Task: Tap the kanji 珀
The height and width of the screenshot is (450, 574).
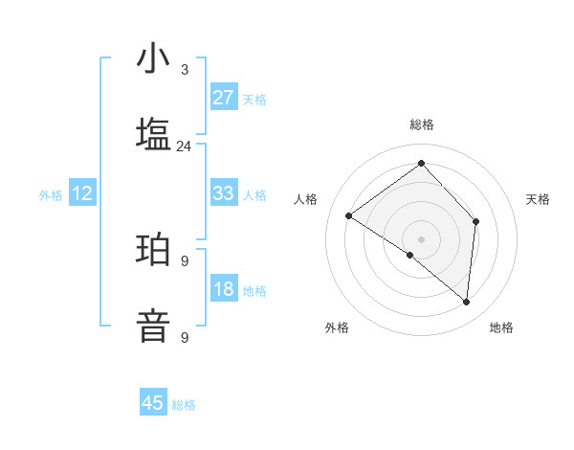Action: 153,250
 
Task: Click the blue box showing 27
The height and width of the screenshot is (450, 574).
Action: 224,98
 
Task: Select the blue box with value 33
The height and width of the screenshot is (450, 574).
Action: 224,193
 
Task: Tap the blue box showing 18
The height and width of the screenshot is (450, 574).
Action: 224,289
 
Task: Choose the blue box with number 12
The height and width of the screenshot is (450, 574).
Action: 82,193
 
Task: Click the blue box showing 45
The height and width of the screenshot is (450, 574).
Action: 153,403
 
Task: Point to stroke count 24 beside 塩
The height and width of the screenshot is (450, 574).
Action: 184,146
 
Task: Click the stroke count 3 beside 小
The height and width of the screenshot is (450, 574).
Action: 184,70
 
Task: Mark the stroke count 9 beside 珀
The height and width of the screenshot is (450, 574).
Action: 184,260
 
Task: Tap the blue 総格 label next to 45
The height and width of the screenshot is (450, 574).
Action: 184,405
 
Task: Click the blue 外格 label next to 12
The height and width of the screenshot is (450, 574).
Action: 51,194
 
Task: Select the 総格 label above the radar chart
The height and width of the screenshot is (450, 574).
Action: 421,124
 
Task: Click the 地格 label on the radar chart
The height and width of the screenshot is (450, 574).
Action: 501,327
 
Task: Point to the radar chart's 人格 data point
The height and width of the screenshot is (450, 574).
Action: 349,215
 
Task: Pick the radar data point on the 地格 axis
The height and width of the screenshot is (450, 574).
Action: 466,302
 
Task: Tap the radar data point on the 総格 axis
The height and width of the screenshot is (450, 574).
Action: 421,163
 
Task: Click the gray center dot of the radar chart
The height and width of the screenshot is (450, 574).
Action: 421,238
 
